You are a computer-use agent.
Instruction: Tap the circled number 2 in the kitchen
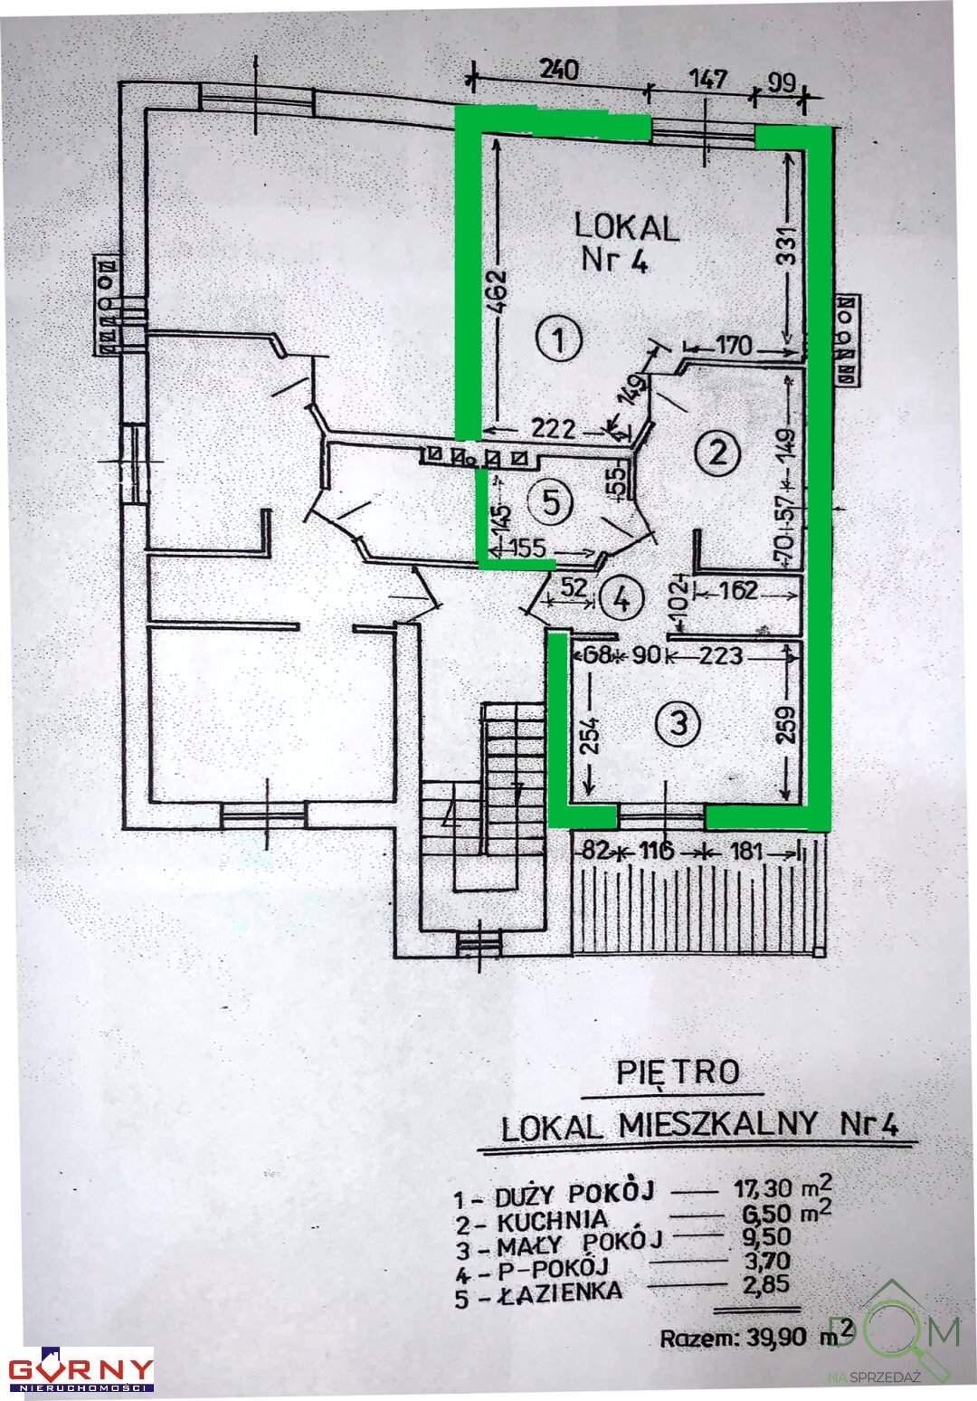717,450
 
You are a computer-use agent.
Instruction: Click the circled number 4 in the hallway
621,596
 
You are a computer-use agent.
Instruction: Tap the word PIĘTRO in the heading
678,1073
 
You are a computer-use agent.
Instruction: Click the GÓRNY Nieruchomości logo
81,1368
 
